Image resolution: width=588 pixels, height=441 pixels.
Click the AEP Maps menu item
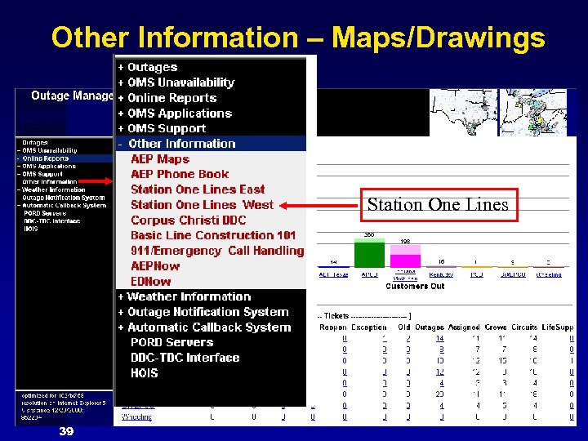coord(160,159)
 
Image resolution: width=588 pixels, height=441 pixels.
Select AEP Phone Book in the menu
coord(180,174)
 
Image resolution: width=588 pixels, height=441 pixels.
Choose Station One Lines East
coord(198,189)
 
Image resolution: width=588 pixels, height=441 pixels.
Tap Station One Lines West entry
coord(202,205)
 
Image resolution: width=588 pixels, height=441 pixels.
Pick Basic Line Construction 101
coord(213,235)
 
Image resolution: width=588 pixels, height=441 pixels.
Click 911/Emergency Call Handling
coord(216,251)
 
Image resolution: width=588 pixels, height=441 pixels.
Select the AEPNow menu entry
coord(155,266)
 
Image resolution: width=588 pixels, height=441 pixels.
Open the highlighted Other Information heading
coord(181,144)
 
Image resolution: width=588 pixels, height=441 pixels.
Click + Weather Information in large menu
coord(184,296)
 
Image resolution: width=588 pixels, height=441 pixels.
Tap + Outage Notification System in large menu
coord(203,312)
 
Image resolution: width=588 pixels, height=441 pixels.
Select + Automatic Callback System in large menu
coord(204,327)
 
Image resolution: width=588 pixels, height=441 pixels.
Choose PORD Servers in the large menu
coord(172,342)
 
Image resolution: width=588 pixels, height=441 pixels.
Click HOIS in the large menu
coord(145,373)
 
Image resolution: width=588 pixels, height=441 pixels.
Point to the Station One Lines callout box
coord(438,204)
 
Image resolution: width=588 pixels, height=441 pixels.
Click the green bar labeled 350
coord(369,254)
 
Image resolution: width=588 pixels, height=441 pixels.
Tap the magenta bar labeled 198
coord(406,256)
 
